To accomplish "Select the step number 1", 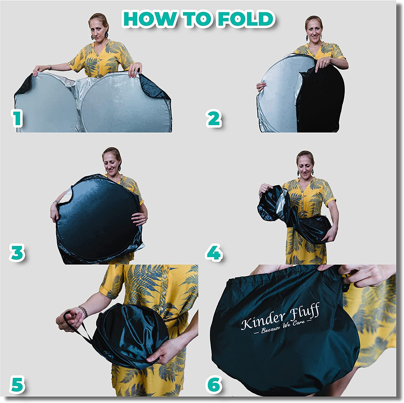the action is tap(17, 119).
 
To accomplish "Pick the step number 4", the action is tap(214, 253).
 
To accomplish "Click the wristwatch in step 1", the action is tap(50, 67).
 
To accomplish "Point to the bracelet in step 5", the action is tap(83, 312).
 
